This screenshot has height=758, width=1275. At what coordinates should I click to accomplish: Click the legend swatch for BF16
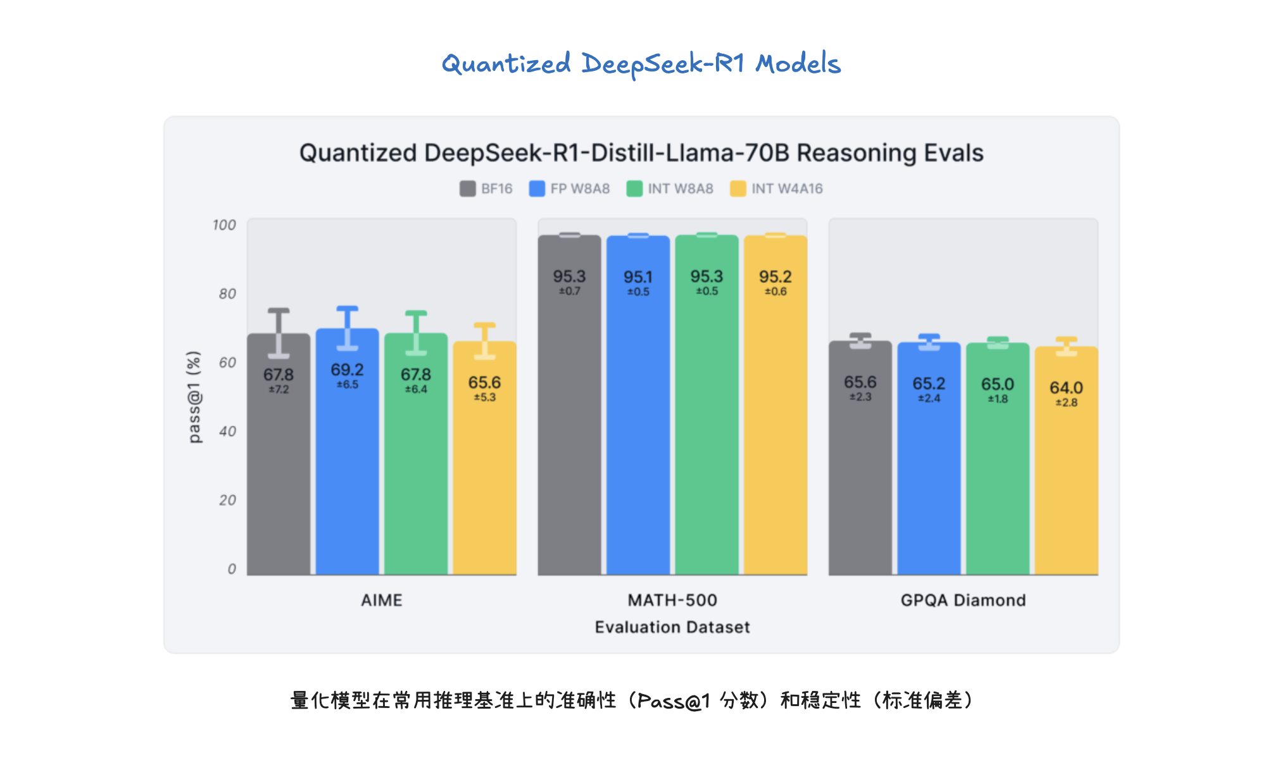point(467,189)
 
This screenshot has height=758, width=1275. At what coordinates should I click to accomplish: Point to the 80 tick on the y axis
point(227,294)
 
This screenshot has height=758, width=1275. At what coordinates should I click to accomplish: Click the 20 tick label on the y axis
point(227,500)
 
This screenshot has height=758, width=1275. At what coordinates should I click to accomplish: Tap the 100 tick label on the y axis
point(224,225)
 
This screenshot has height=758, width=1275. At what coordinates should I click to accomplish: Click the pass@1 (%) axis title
point(194,397)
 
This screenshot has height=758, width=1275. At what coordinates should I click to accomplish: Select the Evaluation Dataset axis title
point(672,627)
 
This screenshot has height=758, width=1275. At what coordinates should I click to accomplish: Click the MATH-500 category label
point(672,600)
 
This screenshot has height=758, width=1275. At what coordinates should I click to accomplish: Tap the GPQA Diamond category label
point(963,600)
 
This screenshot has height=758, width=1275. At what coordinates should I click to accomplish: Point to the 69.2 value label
point(347,370)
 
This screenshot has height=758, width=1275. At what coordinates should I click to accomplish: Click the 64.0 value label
point(1066,387)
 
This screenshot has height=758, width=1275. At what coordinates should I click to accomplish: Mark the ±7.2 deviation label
point(279,390)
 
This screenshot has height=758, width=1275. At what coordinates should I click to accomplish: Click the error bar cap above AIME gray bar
point(279,311)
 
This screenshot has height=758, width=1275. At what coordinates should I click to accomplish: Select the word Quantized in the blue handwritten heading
point(506,64)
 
